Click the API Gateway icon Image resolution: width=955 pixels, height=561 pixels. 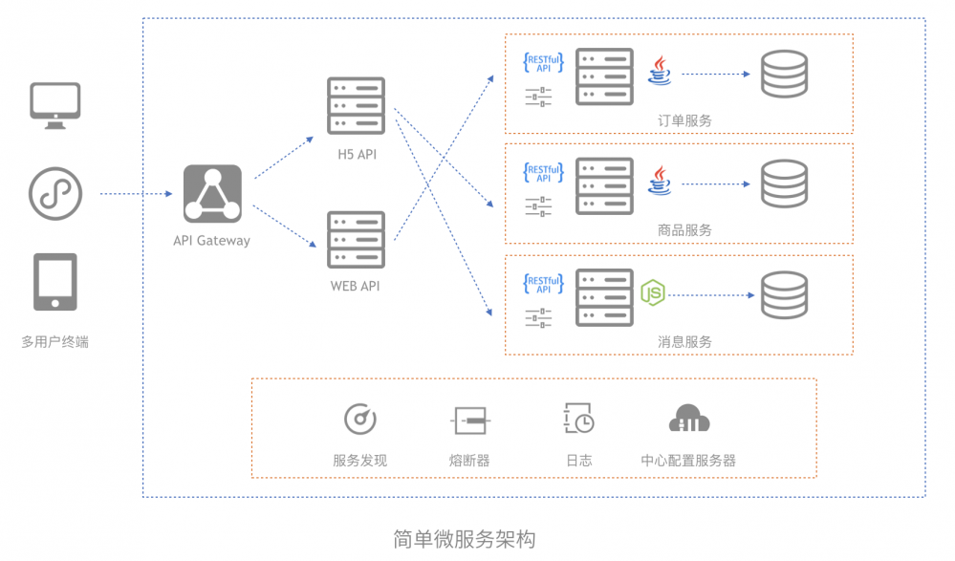click(x=212, y=194)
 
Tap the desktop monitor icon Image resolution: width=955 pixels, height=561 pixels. click(x=55, y=106)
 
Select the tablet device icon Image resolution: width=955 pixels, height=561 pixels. click(x=55, y=282)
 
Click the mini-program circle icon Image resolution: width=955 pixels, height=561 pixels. click(x=55, y=194)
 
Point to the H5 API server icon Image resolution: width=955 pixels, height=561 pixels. click(x=357, y=105)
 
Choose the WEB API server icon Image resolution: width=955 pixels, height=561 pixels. click(x=357, y=239)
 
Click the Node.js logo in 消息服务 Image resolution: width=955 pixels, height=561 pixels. click(x=653, y=293)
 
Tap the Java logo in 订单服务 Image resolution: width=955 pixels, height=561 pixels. click(x=660, y=71)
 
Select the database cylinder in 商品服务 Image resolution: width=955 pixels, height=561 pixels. click(x=785, y=183)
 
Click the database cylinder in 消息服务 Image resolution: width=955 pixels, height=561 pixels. click(x=785, y=295)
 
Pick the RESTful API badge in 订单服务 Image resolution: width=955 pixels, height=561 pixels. click(x=543, y=63)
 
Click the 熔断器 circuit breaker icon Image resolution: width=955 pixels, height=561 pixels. click(x=470, y=421)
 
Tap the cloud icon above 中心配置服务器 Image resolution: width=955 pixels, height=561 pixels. click(x=689, y=419)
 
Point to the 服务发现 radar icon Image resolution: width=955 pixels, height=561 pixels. click(x=360, y=419)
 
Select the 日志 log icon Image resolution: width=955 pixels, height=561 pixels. click(x=578, y=418)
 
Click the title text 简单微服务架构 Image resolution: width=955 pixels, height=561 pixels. click(x=465, y=539)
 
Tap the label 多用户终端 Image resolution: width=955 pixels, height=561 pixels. click(x=55, y=342)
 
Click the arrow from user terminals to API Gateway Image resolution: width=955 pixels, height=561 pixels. click(x=136, y=194)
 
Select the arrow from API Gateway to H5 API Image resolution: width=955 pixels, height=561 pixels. click(x=284, y=157)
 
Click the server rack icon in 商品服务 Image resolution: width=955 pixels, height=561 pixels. click(x=605, y=186)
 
